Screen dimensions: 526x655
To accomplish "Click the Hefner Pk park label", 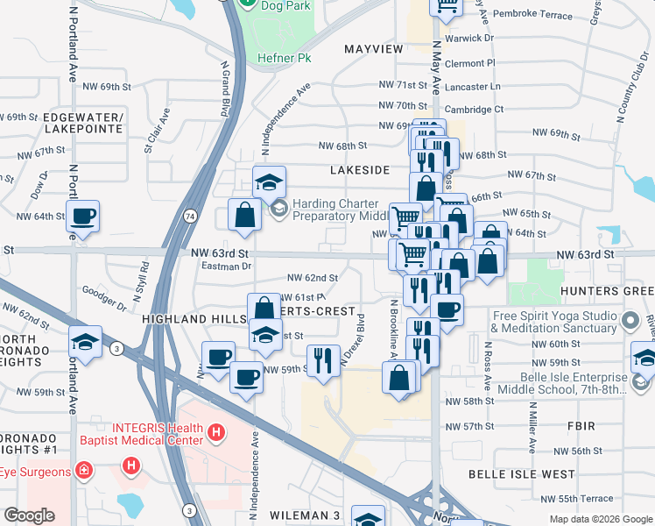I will (x=285, y=58).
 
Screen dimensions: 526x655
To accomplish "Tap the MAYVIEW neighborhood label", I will (x=374, y=48).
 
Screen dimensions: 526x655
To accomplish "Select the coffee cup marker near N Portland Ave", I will (x=83, y=217).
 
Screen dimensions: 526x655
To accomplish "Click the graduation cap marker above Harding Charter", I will (x=270, y=182).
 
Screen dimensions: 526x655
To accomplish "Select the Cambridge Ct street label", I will (x=475, y=110).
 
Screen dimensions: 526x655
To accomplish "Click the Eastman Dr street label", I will (x=226, y=266).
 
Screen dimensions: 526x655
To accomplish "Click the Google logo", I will (x=29, y=515).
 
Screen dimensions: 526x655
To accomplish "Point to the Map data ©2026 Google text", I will (x=600, y=518).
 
